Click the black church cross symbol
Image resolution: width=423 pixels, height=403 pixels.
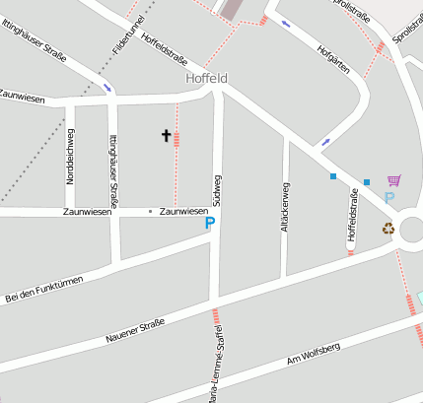[166, 135]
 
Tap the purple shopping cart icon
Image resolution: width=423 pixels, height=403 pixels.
[394, 180]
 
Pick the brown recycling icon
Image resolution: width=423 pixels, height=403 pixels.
[388, 229]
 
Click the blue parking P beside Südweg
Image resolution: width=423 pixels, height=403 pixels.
[209, 224]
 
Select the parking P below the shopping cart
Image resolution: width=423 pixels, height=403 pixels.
[388, 198]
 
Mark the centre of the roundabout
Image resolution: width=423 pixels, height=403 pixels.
[413, 230]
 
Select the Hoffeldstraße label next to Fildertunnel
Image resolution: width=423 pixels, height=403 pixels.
[165, 43]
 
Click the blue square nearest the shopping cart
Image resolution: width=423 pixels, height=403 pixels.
[367, 182]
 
